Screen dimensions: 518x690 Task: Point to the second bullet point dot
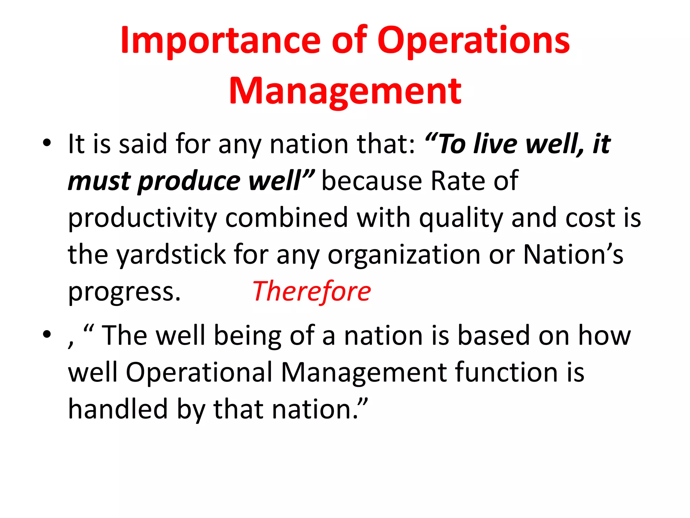47,335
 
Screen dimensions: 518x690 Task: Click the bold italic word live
495,144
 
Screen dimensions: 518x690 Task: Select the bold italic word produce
189,181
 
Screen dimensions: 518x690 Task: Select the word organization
404,255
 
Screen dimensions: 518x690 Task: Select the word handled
118,409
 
